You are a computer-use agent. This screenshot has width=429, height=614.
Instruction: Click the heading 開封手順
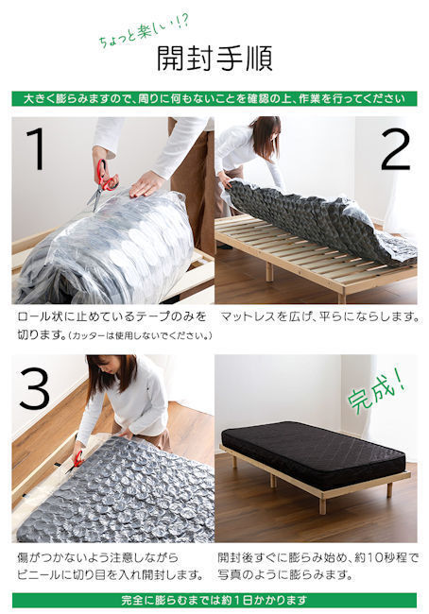tap(214, 59)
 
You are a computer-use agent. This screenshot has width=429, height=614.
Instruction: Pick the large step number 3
tap(34, 386)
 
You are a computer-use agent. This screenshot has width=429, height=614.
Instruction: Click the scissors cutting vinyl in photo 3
tap(76, 460)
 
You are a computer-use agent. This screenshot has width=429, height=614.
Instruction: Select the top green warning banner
tap(214, 98)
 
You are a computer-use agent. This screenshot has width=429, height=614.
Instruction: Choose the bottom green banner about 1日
tap(214, 600)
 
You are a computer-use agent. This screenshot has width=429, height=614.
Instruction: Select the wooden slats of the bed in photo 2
tap(283, 250)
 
